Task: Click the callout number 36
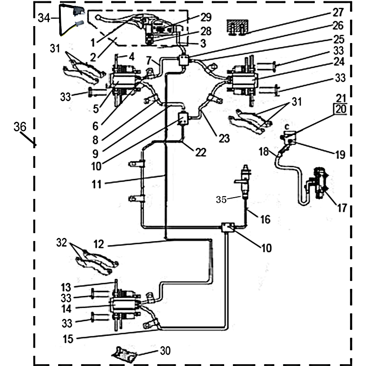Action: point(20,128)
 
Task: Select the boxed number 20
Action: point(341,109)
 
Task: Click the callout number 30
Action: point(164,350)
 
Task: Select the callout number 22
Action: point(201,153)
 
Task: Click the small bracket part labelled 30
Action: point(125,354)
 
